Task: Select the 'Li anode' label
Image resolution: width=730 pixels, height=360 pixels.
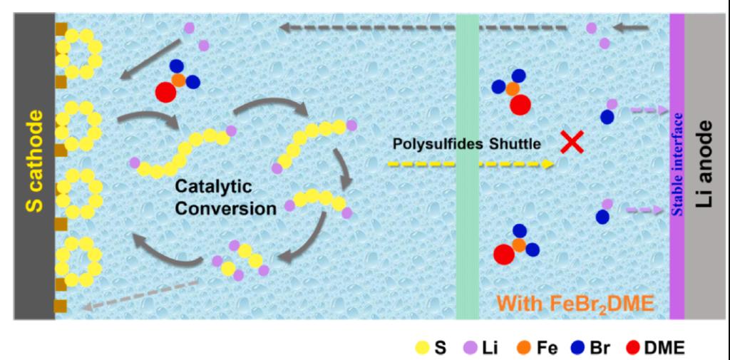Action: (706, 164)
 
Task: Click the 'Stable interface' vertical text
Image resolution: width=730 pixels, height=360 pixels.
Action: (677, 164)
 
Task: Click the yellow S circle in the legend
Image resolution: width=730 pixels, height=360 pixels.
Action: (421, 348)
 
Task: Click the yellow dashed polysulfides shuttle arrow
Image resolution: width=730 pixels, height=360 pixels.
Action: (471, 164)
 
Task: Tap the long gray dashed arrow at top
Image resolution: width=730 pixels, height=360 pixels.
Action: (424, 28)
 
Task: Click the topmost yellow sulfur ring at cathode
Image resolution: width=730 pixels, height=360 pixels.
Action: (79, 53)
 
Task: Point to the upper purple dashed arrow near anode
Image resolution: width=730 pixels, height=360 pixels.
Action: (647, 110)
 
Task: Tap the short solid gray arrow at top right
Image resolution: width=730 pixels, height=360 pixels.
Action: (632, 28)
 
